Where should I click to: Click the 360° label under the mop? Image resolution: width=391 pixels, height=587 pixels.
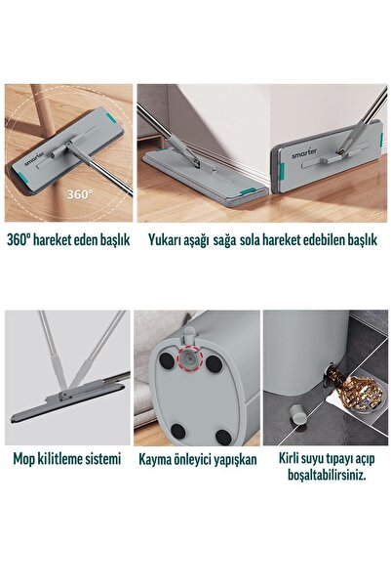[x=79, y=192]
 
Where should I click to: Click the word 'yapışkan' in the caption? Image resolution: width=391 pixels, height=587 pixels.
[x=231, y=459]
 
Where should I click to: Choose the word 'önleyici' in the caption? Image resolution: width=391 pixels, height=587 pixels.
[x=192, y=459]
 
